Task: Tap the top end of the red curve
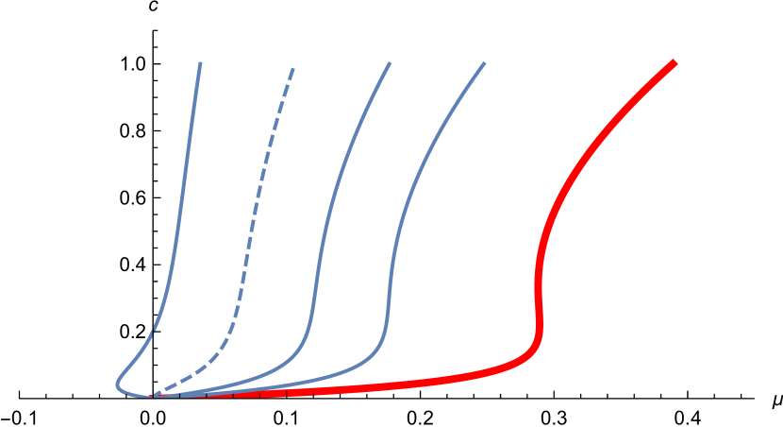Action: point(675,62)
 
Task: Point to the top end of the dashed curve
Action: point(293,69)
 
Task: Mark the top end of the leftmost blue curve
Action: point(200,63)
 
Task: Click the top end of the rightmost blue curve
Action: point(484,63)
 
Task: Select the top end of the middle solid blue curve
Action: point(390,63)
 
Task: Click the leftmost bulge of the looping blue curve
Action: point(118,384)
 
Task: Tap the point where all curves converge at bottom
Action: point(151,395)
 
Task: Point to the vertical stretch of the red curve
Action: point(539,293)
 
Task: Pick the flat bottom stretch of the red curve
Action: point(377,386)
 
